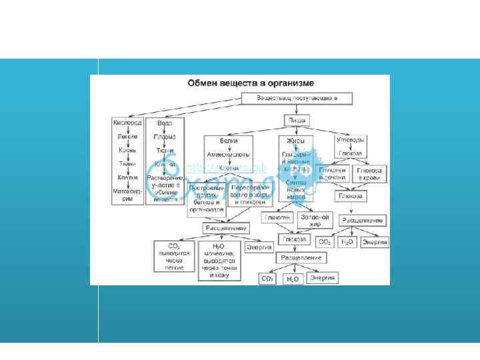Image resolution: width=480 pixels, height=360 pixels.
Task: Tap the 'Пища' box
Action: pos(295,120)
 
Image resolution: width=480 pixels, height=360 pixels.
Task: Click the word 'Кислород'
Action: pos(127,123)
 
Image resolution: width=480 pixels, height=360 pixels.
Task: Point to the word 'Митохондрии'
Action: pos(127,194)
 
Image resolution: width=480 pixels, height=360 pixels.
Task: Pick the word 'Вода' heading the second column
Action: pos(165,123)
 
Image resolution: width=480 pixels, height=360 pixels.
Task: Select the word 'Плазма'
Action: pos(165,137)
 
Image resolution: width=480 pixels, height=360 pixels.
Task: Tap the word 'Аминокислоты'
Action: pos(229,154)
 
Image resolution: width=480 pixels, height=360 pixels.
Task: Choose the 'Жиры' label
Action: pos(295,141)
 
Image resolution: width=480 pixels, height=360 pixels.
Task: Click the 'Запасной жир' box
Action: pos(315,220)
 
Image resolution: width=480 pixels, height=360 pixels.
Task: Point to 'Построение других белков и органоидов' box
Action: pos(206,198)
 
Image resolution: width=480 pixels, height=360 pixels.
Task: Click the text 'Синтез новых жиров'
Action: pos(295,190)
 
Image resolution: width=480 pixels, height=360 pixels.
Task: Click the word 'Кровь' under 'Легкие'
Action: pos(127,150)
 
